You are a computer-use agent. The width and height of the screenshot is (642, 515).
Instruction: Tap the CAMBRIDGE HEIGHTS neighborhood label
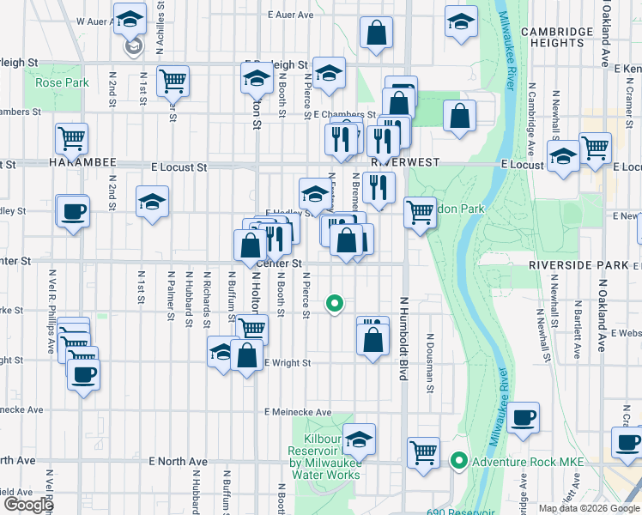(556, 38)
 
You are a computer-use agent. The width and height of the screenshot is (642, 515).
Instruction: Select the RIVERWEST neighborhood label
(405, 161)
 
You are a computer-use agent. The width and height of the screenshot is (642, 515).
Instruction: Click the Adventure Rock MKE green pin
(459, 462)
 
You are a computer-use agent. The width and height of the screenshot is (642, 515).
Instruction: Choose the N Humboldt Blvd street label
(402, 339)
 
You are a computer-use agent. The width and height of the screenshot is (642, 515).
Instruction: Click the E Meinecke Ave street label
(298, 412)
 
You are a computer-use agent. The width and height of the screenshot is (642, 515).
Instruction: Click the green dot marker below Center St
(335, 303)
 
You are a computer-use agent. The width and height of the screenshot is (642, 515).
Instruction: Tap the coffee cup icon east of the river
(523, 418)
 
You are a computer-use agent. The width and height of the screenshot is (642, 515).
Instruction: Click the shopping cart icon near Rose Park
(173, 81)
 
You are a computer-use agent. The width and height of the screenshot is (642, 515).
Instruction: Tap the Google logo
(28, 505)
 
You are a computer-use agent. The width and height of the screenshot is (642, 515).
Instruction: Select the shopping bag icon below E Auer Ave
(376, 33)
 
